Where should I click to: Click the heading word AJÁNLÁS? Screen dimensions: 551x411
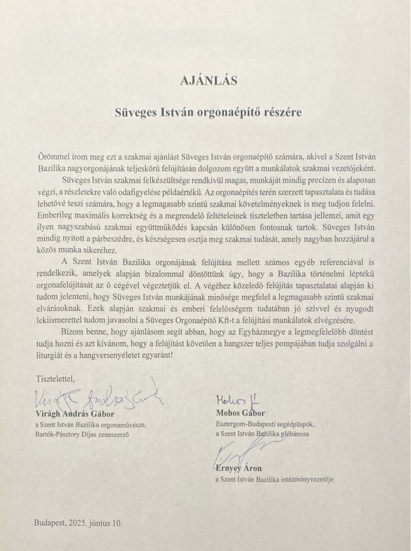[x=205, y=81]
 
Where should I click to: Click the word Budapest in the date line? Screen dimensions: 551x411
[x=50, y=522]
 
